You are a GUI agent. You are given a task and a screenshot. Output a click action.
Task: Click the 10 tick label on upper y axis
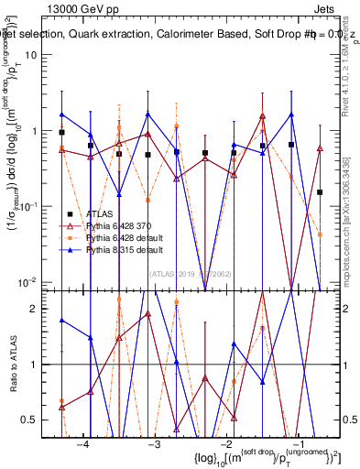38,54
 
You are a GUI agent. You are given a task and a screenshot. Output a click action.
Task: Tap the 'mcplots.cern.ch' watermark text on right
350,220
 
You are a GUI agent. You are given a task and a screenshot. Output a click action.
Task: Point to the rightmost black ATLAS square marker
320,192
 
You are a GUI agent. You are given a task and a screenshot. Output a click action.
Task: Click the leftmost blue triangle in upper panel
61,115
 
